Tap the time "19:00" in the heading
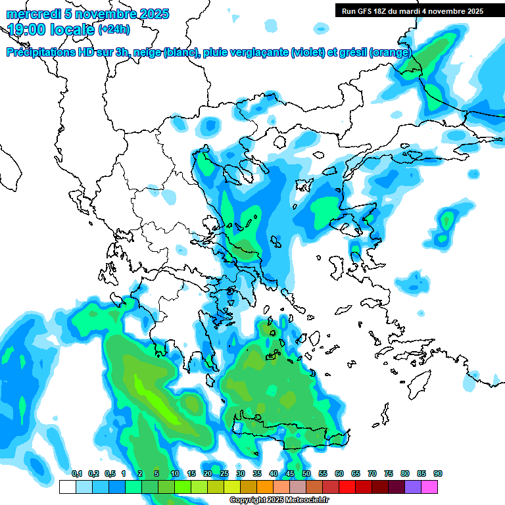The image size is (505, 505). point(26,29)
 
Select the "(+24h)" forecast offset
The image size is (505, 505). point(114,30)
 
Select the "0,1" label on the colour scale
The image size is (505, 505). point(76,474)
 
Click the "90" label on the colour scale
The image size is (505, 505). point(438,474)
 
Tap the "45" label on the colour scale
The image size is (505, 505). point(290,474)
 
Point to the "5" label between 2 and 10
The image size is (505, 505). point(156,474)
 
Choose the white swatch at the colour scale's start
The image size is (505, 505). point(67,487)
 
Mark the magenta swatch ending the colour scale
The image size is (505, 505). point(429,487)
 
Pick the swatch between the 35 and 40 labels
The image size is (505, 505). point(265,487)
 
